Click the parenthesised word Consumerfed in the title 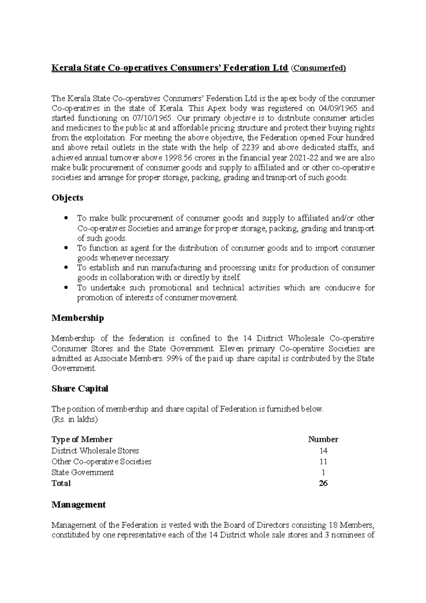pos(318,68)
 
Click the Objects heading pos(67,197)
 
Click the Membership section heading pos(78,318)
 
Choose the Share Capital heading pos(80,389)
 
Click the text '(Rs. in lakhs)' pos(75,419)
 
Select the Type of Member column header pos(82,439)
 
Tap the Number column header pos(323,439)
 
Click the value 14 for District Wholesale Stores pos(323,451)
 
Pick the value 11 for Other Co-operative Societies pos(323,462)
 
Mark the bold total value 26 pos(323,483)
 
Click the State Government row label pos(82,472)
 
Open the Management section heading pos(78,505)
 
